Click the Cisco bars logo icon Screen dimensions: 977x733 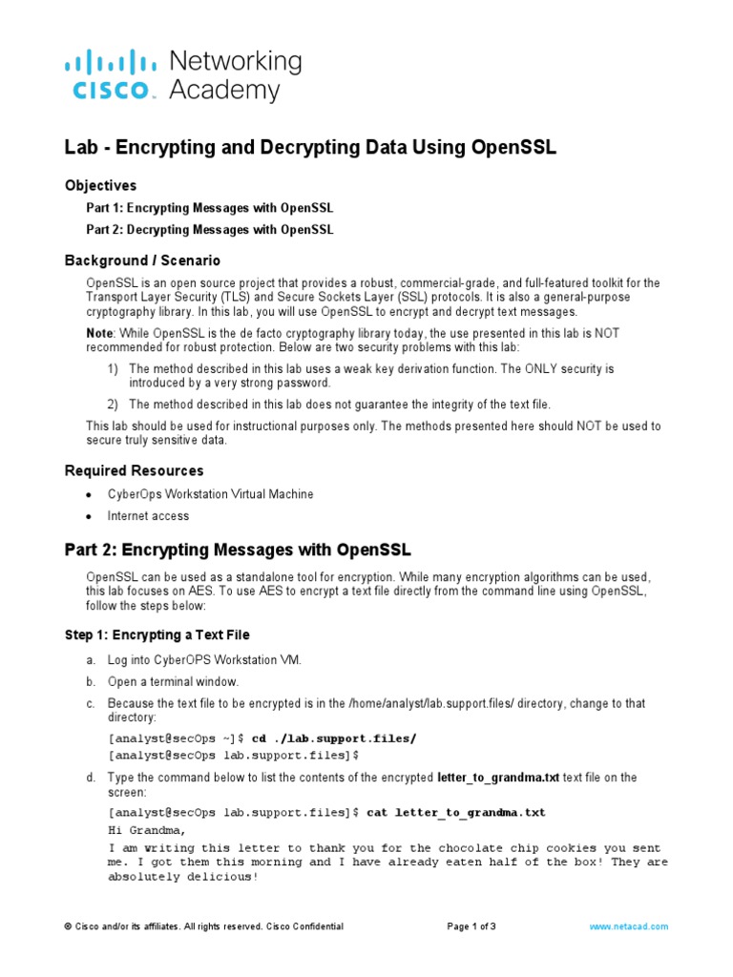110,63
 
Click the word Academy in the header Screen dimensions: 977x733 224,91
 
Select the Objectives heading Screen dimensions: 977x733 100,185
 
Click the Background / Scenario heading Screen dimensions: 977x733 142,260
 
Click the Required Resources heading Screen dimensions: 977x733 134,470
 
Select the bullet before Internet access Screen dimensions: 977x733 89,516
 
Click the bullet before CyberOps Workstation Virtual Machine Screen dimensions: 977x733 89,495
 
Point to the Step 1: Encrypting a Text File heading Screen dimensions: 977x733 157,634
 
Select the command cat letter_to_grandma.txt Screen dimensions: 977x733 456,812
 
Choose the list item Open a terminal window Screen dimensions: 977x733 173,681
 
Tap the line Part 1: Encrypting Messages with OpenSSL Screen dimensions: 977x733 210,208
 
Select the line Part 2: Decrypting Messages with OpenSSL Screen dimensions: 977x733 210,230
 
